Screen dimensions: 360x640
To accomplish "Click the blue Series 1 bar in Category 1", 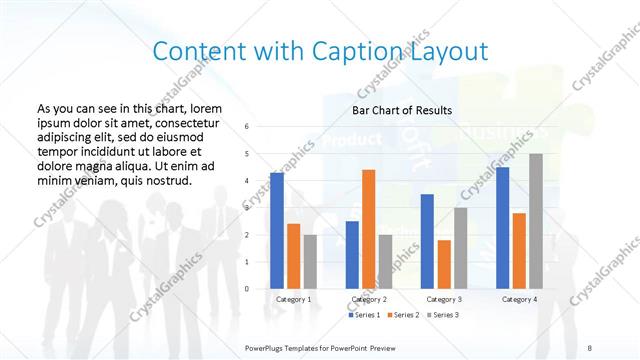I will [277, 231].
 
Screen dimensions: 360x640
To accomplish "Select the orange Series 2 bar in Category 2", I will [368, 229].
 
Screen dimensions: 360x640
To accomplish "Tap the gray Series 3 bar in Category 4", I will [536, 221].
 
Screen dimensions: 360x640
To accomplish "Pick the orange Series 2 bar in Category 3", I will [444, 264].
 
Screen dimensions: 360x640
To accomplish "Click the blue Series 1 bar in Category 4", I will [502, 228].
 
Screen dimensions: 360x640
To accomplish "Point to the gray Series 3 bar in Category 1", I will [310, 262].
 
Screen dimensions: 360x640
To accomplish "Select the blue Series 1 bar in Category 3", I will [427, 241].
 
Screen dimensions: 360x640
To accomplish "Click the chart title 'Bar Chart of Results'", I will [402, 110].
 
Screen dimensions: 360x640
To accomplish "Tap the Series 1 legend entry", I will [363, 316].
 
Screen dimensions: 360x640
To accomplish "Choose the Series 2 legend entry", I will [403, 316].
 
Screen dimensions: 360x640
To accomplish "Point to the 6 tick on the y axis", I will [247, 127].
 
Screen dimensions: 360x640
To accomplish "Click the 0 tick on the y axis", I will [247, 289].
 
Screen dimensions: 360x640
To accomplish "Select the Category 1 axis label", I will [293, 299].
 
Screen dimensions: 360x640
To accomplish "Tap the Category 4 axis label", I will [519, 299].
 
